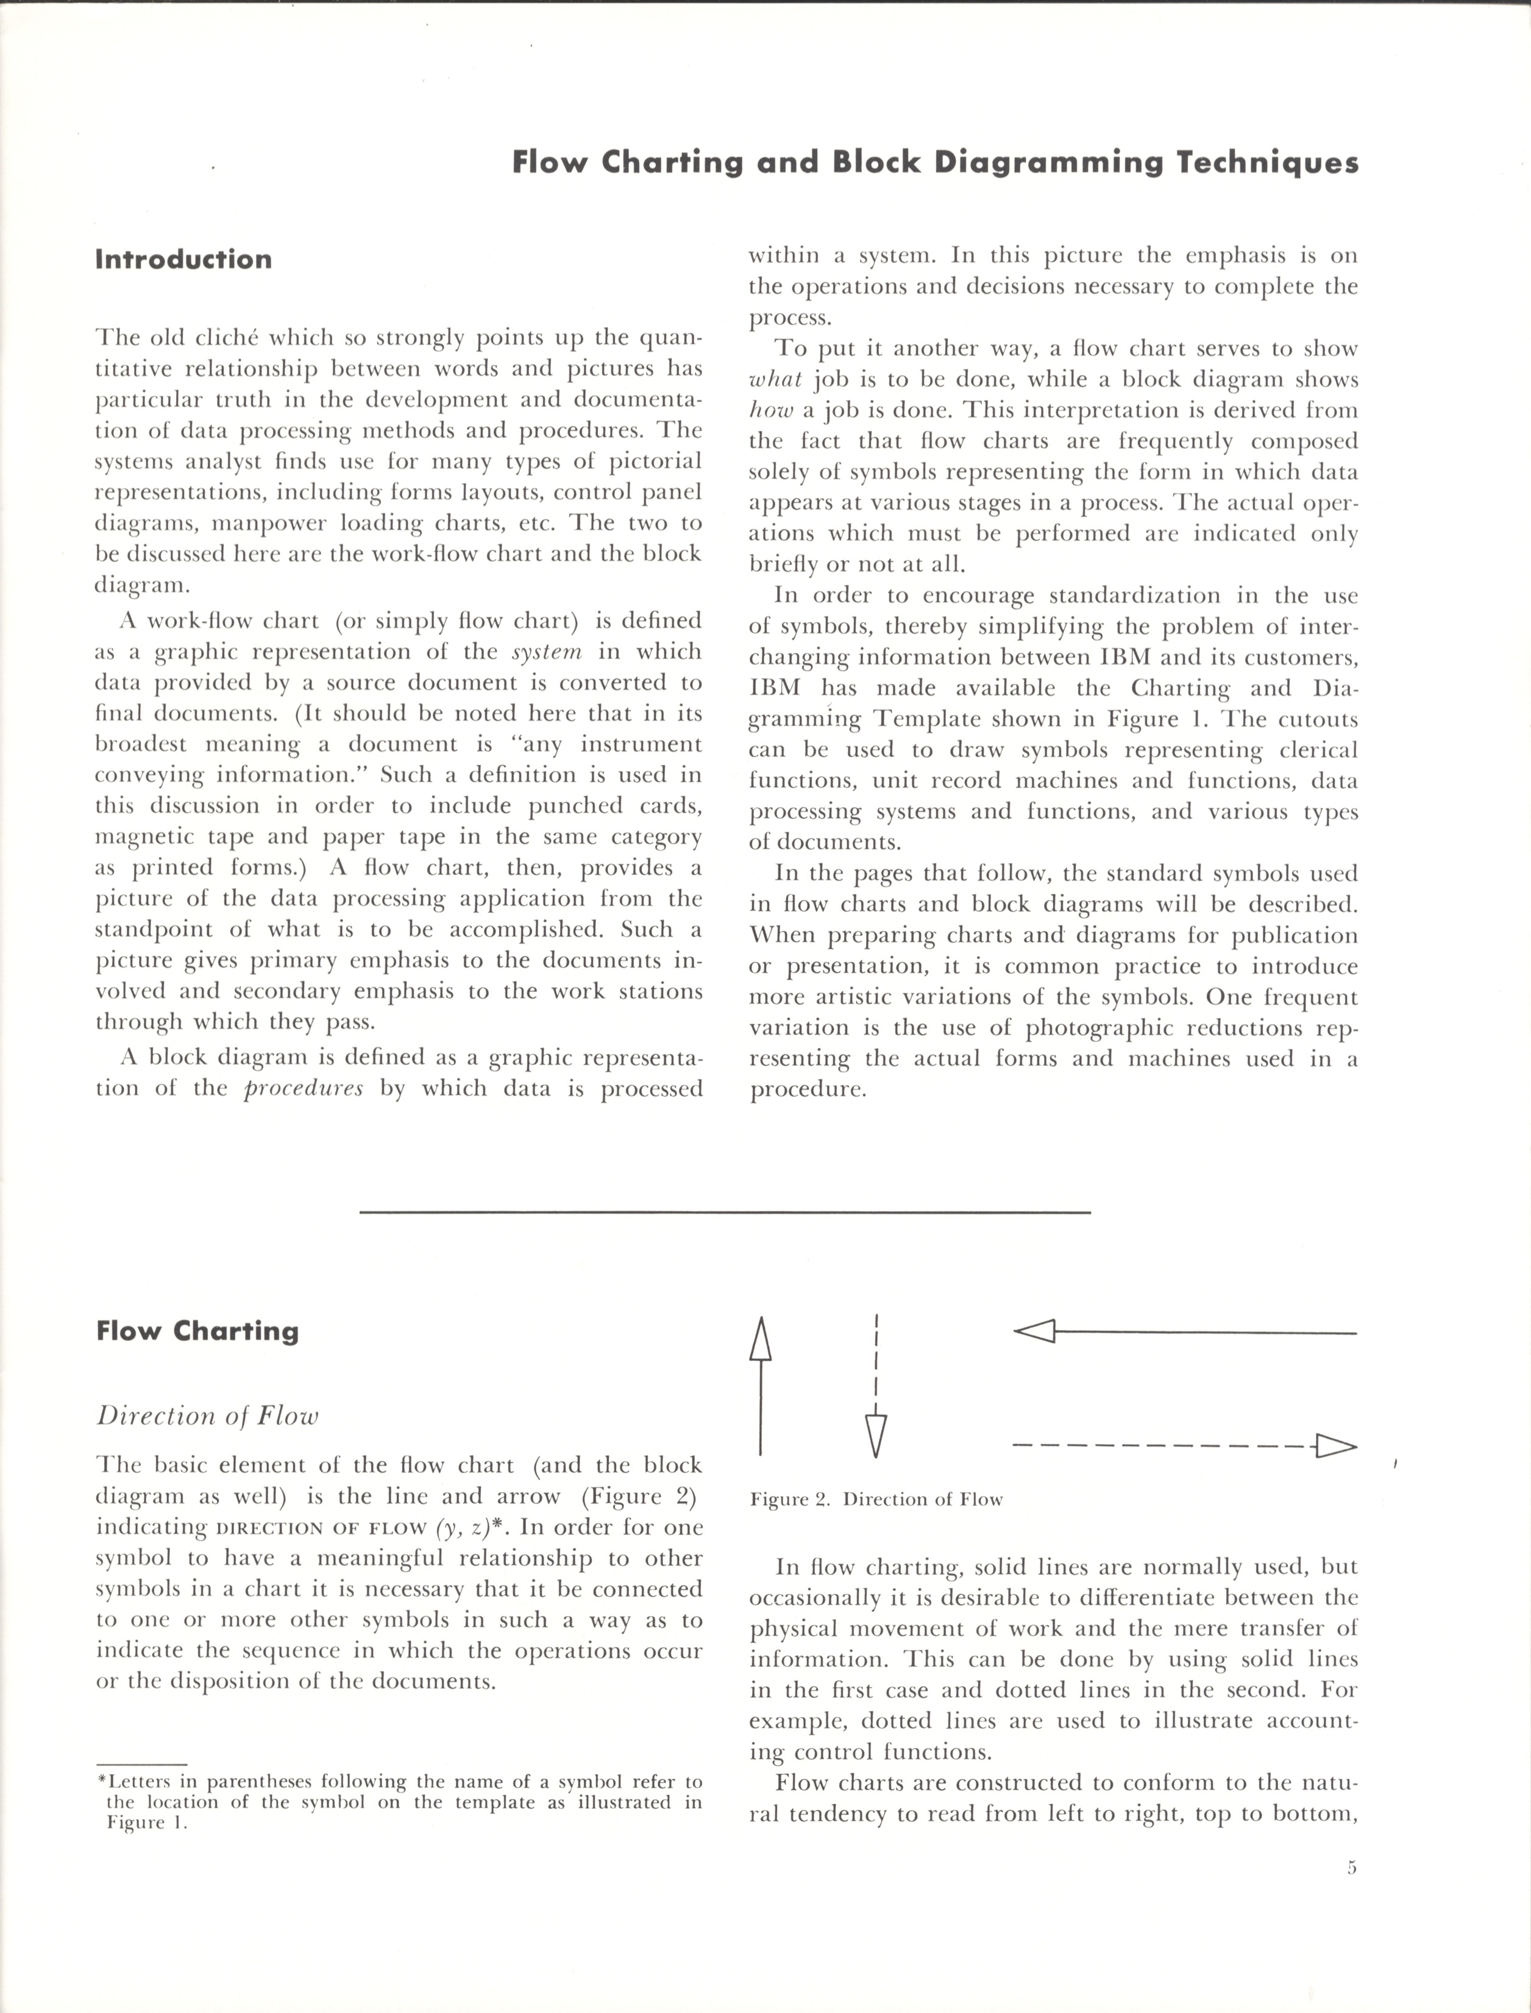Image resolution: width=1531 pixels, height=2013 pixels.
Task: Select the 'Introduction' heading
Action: [183, 260]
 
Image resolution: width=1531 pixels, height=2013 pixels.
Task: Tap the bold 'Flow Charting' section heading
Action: [197, 1331]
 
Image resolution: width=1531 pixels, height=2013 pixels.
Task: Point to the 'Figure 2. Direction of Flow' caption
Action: [876, 1500]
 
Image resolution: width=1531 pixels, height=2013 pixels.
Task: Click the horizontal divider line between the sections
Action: [725, 1212]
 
